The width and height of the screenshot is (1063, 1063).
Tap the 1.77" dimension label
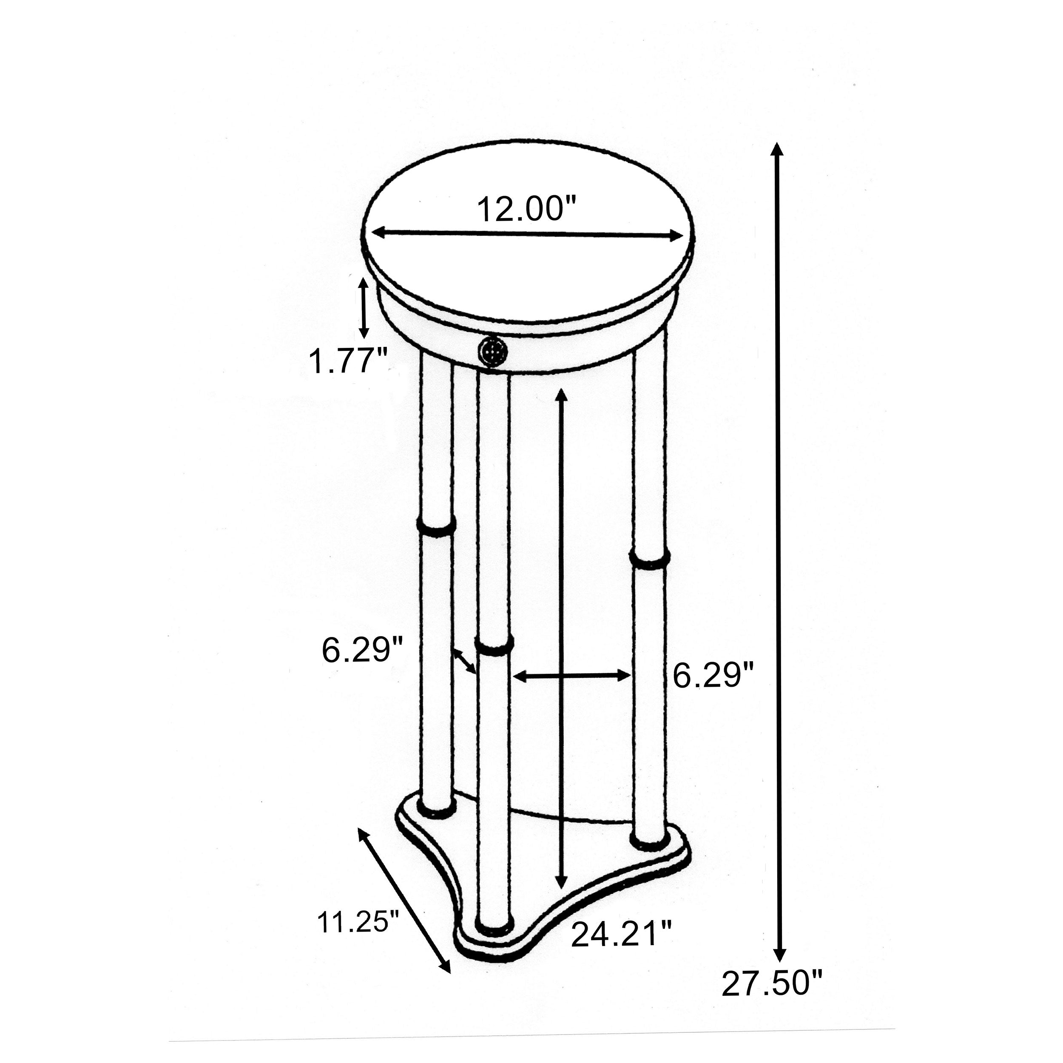[348, 361]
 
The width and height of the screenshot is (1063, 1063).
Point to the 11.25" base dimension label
[358, 921]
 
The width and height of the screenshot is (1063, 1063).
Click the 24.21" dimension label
[622, 934]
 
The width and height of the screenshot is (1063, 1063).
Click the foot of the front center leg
[494, 926]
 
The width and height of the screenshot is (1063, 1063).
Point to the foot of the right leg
[650, 855]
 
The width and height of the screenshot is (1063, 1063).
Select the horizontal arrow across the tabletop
[528, 235]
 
